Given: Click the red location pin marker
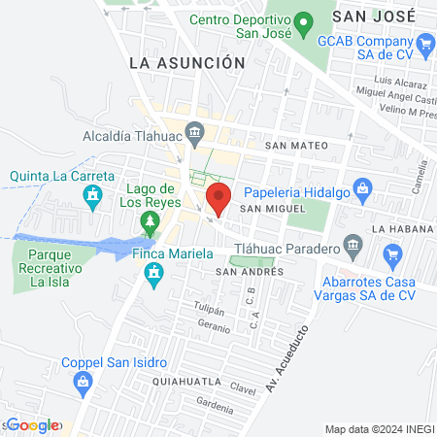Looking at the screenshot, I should coord(218,198).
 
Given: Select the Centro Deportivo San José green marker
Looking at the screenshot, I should coord(303,20).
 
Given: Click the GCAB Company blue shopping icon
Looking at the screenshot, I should coord(424,43).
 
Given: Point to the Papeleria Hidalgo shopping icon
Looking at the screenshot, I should coord(362,186).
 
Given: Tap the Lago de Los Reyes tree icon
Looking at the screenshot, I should coord(150,224).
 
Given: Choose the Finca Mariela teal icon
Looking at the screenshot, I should coord(152,278).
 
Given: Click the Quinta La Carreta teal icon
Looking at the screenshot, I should coord(93,197).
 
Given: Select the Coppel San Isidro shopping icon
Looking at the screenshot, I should coord(84,384).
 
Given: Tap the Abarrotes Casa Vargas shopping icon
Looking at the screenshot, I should coord(392,256).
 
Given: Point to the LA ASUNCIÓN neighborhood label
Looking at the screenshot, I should coord(186,62).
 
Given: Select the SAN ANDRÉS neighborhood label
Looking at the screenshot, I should coord(249,272).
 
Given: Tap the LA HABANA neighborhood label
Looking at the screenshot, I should coord(399,228).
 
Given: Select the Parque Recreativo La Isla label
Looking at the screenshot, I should coord(53,272).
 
